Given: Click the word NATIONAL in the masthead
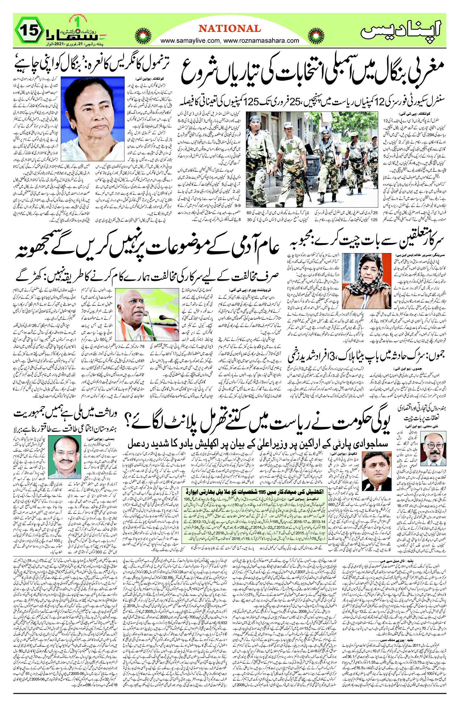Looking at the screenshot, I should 230,29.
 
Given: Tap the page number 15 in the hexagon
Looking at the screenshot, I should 30,30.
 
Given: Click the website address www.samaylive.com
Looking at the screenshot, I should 190,41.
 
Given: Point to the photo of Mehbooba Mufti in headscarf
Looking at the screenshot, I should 366,281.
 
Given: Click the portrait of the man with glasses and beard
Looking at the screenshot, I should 433,449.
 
